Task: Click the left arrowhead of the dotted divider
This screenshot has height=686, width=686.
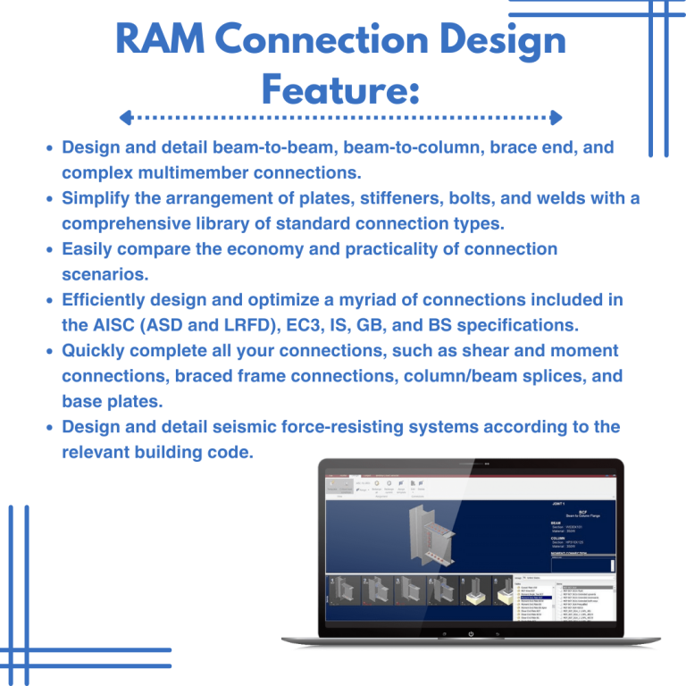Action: tap(125, 117)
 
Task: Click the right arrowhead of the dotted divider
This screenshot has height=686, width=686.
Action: tap(556, 117)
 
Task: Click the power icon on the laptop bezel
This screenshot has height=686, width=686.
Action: tap(471, 634)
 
